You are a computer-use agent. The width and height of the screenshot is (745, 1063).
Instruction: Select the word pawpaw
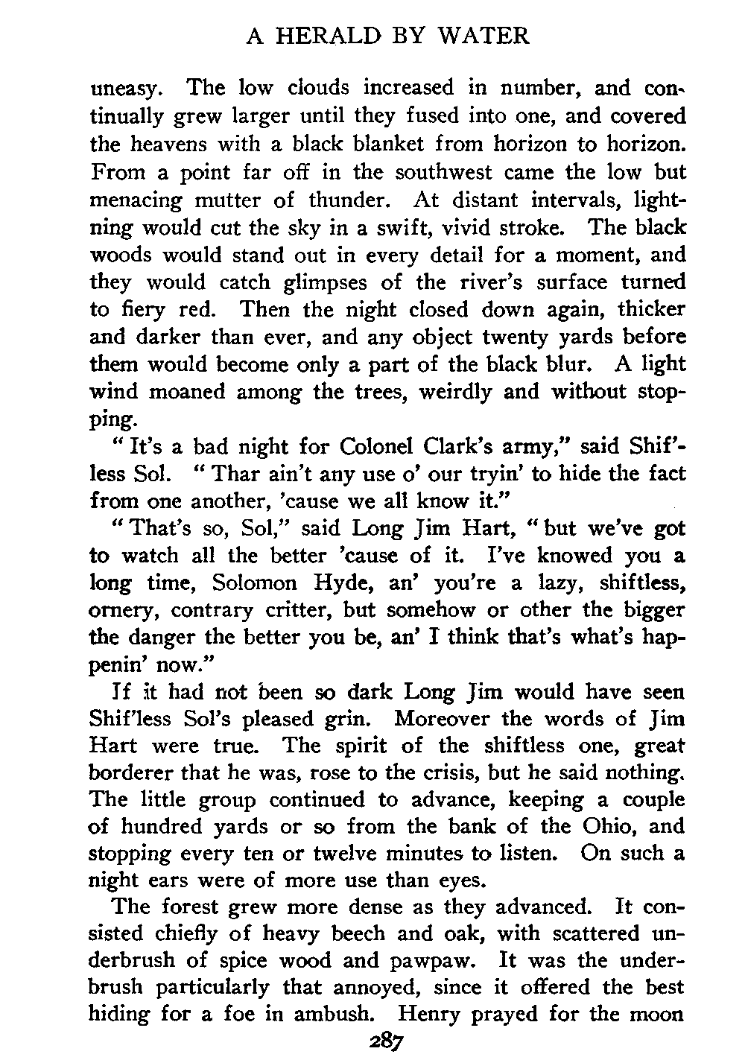[437, 960]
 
